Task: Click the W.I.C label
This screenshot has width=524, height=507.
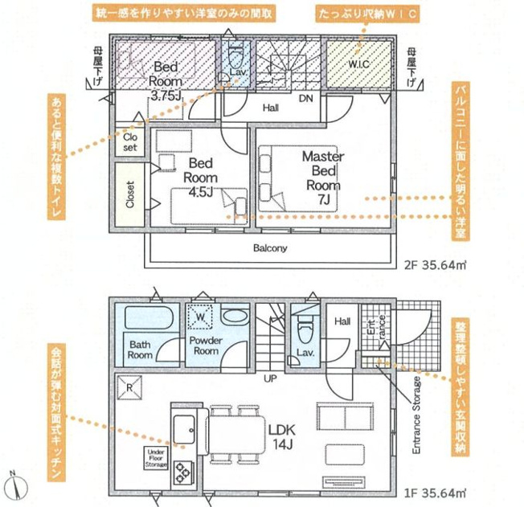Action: [359, 63]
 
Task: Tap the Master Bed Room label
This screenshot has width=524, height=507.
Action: [323, 178]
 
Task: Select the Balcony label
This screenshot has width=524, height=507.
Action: [270, 248]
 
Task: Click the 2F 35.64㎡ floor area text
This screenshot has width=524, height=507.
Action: [436, 265]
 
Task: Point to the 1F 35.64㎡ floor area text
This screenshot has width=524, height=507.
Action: [436, 493]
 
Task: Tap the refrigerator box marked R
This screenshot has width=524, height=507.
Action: [129, 387]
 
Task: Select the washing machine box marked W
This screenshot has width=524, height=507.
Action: [200, 317]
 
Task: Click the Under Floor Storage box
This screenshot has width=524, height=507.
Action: [156, 458]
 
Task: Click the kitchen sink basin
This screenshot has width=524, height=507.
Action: [184, 429]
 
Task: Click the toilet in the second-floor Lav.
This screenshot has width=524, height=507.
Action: [236, 57]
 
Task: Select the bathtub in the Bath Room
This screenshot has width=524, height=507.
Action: [149, 317]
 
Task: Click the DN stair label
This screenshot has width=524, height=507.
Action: [305, 98]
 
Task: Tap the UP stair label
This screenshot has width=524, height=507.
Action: [270, 378]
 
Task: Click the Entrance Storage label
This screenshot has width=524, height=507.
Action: [416, 415]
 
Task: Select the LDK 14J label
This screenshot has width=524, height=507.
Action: [282, 437]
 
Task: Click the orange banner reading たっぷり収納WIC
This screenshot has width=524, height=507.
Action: [367, 14]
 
